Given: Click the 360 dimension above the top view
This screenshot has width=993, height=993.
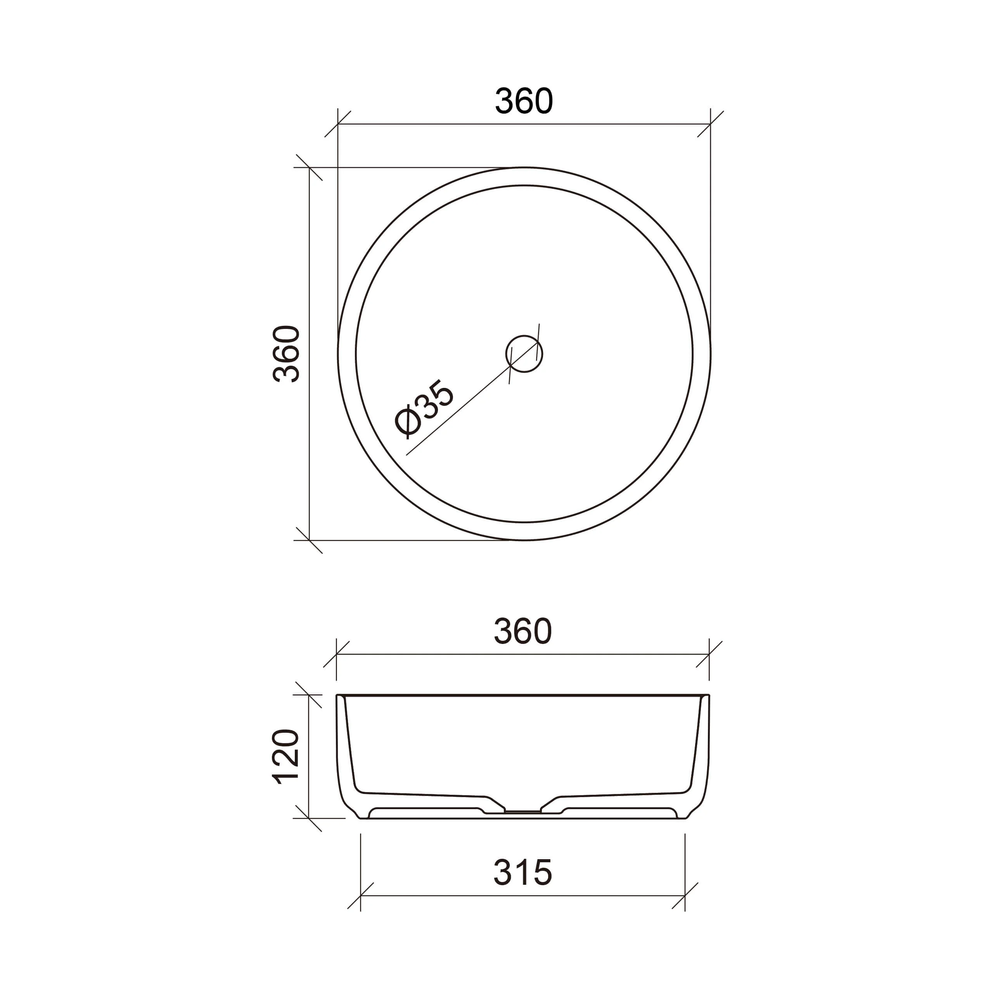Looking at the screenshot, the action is (x=524, y=101).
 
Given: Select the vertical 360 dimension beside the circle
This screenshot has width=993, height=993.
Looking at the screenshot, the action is (x=286, y=354).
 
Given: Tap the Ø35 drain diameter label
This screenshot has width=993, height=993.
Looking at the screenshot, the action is (x=424, y=408).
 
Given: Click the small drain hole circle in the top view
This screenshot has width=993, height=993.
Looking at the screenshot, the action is (x=524, y=354).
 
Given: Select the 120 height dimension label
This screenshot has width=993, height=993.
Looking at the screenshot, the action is (x=286, y=756).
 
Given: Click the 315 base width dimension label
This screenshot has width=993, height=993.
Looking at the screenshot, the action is (x=523, y=872).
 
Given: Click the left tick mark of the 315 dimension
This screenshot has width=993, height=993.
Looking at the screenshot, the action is (x=360, y=896).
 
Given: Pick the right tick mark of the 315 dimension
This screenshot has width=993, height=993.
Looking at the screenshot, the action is (x=685, y=896).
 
